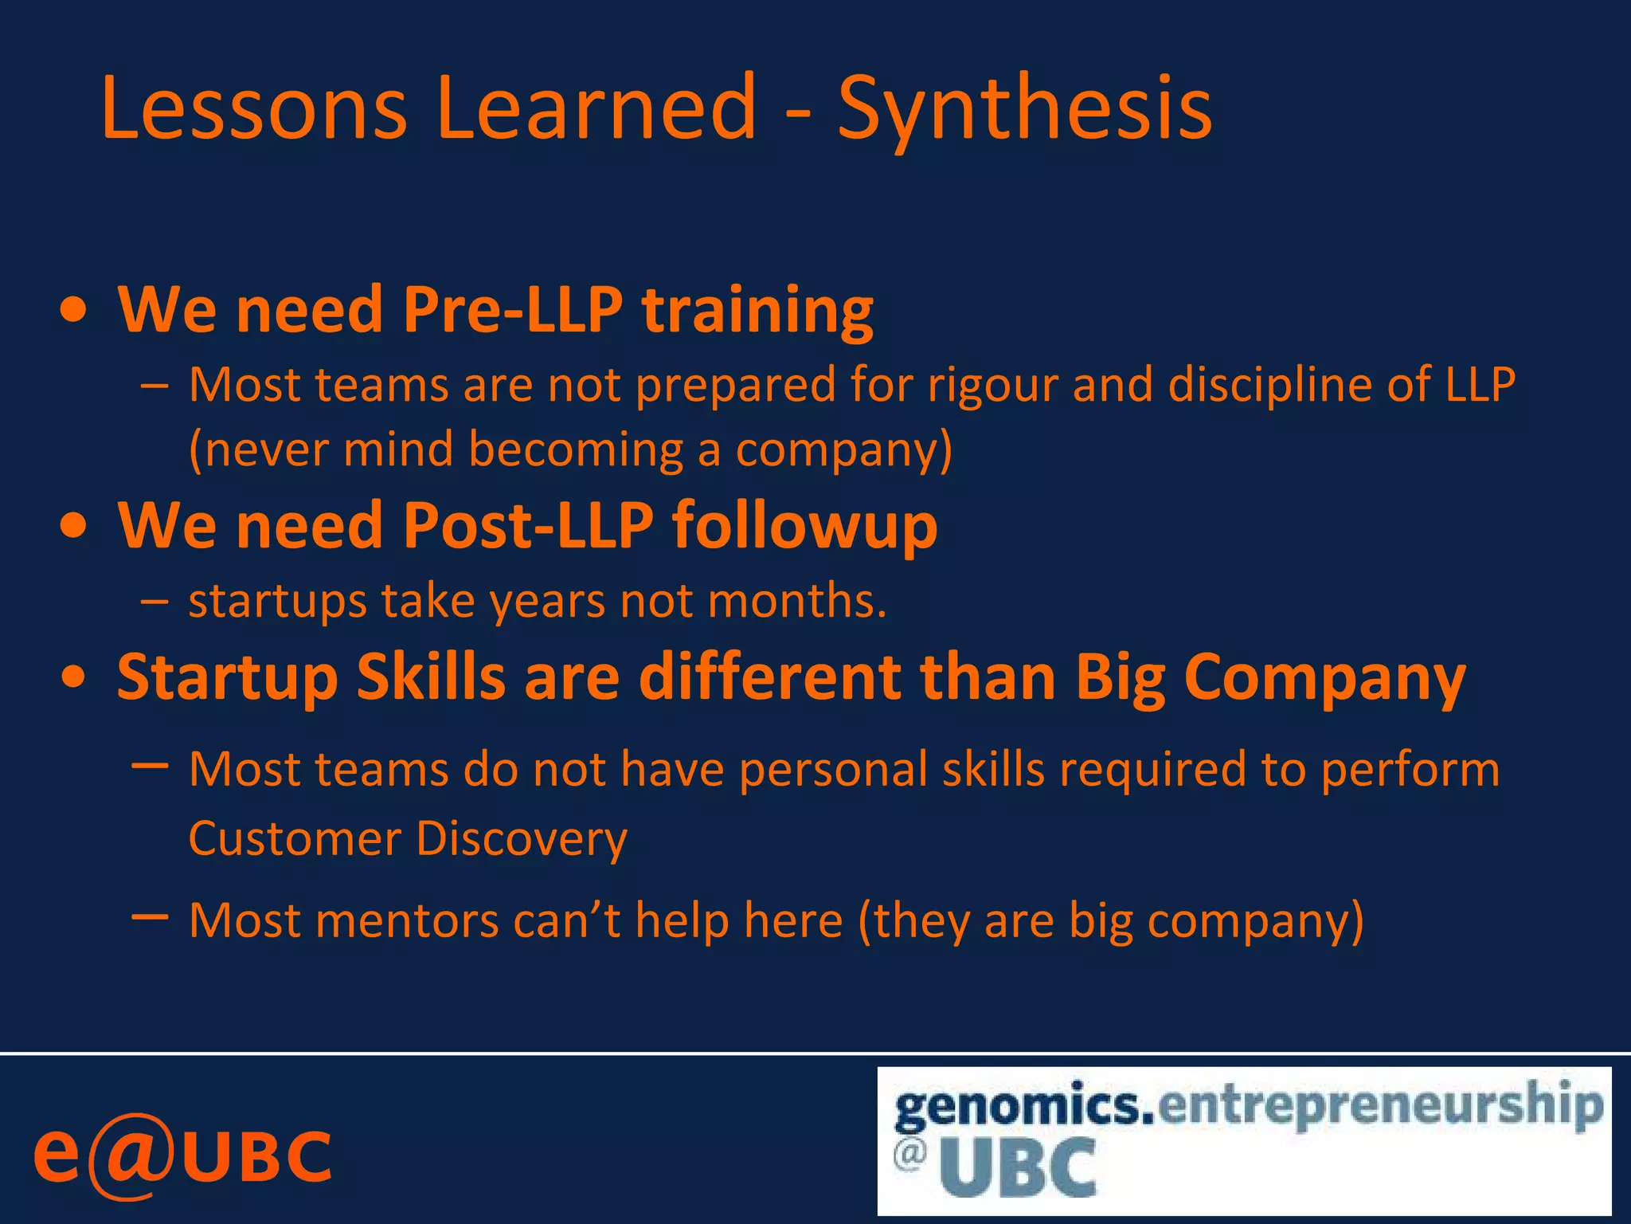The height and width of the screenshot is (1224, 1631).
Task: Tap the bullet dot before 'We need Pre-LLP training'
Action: [73, 312]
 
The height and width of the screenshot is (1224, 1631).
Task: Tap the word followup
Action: [804, 527]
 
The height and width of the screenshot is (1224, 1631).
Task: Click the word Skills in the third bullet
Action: [431, 677]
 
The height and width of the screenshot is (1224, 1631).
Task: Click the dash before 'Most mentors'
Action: [150, 917]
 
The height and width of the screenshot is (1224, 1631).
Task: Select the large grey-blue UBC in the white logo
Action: [1018, 1168]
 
